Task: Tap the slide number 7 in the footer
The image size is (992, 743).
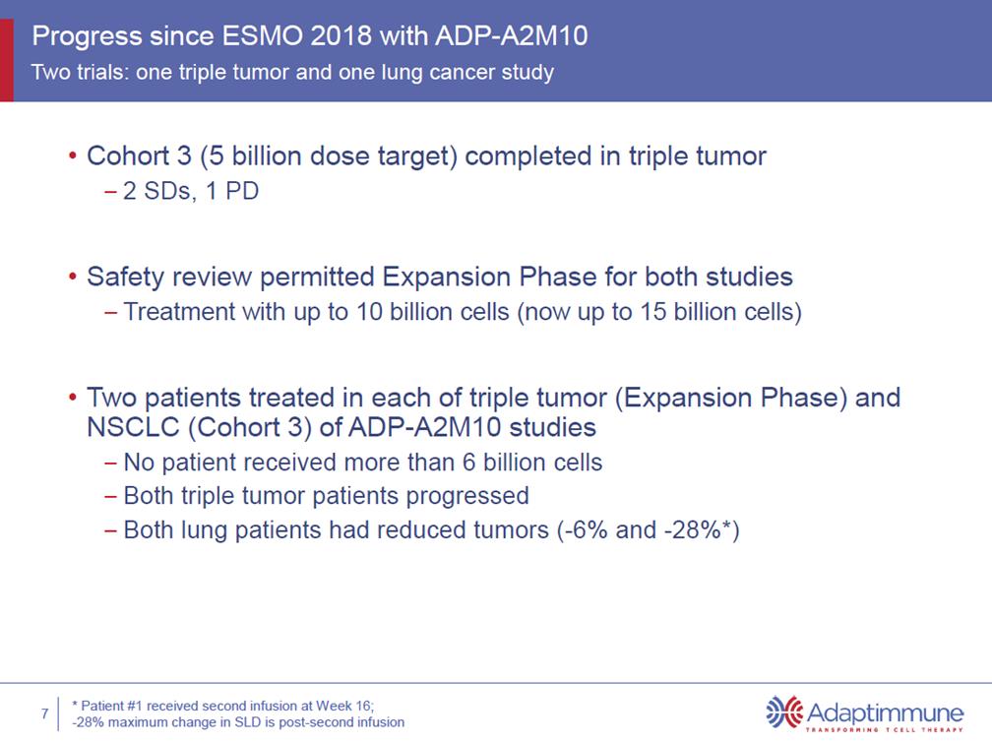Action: [45, 713]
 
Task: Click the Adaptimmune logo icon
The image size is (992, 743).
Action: [784, 712]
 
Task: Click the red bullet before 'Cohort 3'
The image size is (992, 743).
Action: [74, 155]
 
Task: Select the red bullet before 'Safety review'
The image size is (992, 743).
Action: [74, 277]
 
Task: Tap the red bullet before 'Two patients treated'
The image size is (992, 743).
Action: [74, 398]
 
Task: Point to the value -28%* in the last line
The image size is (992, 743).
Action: [698, 529]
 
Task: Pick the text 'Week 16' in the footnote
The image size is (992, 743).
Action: [344, 706]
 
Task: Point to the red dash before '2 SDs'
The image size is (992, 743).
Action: [110, 192]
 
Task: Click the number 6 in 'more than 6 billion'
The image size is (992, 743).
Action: [468, 463]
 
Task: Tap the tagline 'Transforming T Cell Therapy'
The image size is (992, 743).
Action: [884, 729]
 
